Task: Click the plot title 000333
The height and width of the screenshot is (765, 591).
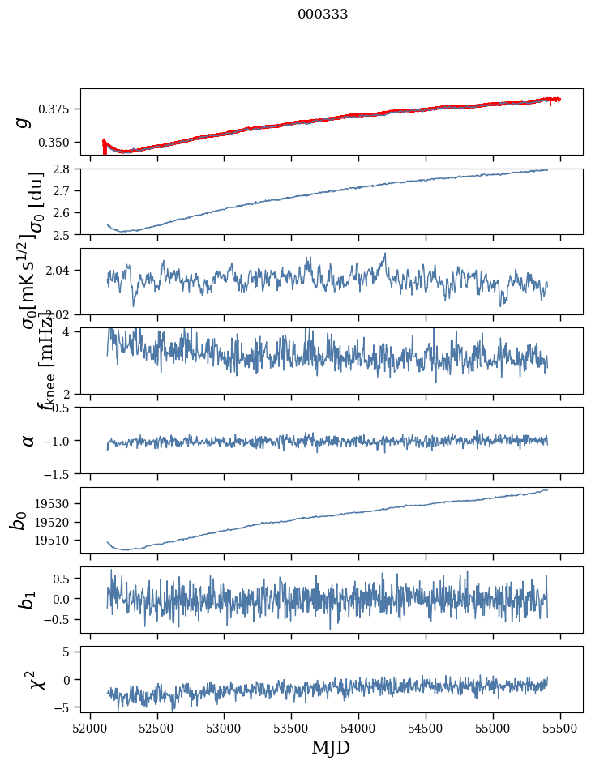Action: point(323,15)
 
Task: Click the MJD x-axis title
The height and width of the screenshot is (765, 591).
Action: point(331,747)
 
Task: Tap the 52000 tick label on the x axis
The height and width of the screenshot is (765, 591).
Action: point(90,728)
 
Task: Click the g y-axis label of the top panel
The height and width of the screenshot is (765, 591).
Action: point(24,122)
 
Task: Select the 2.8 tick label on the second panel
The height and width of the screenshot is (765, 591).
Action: point(66,169)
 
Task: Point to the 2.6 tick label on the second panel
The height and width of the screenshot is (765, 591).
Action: point(66,213)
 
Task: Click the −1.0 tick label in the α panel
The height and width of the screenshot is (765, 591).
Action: point(60,440)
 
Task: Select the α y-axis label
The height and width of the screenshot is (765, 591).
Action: point(28,440)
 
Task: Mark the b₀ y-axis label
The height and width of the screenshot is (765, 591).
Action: point(19,520)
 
